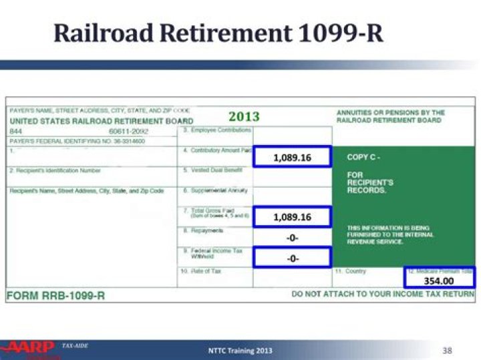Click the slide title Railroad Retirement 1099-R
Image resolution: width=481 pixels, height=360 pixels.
click(x=218, y=32)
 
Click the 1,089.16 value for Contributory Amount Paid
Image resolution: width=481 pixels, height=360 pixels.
click(x=292, y=158)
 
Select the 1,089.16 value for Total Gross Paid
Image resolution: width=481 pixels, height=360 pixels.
click(x=292, y=217)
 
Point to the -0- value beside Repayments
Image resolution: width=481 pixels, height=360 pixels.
click(x=292, y=238)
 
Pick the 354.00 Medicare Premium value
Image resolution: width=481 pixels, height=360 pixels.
click(x=439, y=281)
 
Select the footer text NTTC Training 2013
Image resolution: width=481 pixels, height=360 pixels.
click(x=240, y=351)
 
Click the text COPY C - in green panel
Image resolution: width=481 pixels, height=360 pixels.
click(x=363, y=158)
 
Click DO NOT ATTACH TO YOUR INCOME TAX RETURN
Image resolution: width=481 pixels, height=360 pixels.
click(x=383, y=295)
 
